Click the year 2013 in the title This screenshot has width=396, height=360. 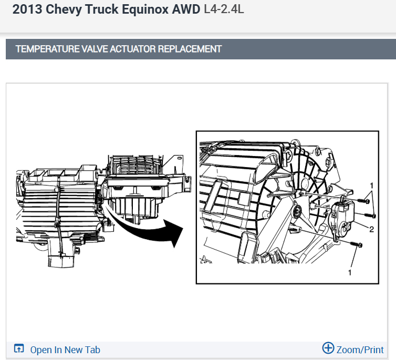(x=27, y=9)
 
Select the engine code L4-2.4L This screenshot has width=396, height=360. (x=224, y=9)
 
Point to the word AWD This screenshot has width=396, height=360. (x=186, y=9)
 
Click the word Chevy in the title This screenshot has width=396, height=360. (x=64, y=9)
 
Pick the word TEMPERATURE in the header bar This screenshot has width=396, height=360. (x=47, y=49)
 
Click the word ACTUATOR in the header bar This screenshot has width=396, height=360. (x=133, y=49)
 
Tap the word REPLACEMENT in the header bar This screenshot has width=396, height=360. (x=190, y=49)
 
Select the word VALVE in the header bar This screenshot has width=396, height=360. (x=95, y=49)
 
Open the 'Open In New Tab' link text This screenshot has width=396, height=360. (x=65, y=350)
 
